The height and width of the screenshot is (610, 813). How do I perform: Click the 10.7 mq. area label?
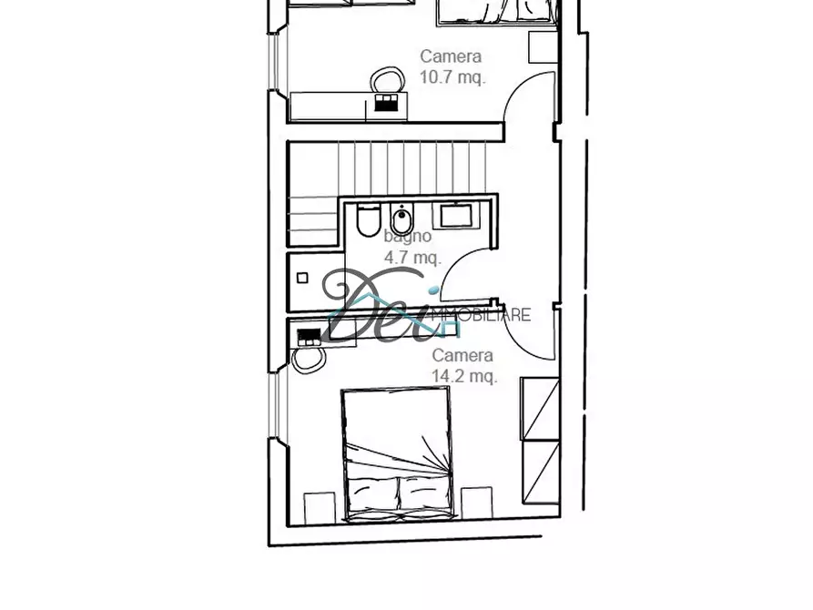[x=452, y=78]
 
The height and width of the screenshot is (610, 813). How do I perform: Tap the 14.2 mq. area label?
[x=464, y=376]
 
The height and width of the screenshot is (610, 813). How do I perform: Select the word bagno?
[x=407, y=237]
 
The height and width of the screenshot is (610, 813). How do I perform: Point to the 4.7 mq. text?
[x=412, y=258]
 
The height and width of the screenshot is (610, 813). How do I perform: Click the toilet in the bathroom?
[x=368, y=220]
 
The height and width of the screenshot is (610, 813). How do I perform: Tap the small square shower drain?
[x=303, y=278]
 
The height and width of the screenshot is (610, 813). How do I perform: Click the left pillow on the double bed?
[x=372, y=494]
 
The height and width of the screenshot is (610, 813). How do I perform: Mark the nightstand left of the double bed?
[x=319, y=507]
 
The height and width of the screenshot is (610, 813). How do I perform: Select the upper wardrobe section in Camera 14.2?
[x=539, y=408]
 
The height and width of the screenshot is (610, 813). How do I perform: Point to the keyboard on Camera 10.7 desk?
[x=386, y=105]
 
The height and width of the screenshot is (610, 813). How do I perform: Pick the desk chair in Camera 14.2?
[x=310, y=357]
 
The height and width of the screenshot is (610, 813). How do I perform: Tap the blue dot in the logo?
[x=434, y=292]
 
